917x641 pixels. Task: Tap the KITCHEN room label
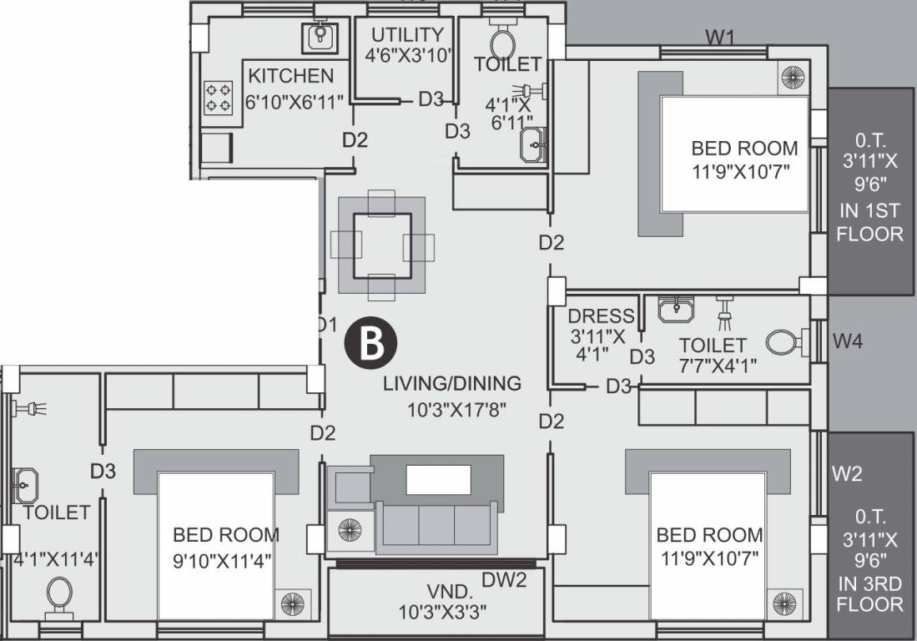tap(290, 76)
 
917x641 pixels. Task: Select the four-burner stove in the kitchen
tap(219, 97)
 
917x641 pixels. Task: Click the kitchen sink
tap(320, 36)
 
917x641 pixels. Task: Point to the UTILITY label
tap(407, 35)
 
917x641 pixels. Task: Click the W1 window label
tap(720, 37)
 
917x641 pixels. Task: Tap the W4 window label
tap(848, 341)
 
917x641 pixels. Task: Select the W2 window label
tap(846, 474)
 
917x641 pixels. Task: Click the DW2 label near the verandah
tap(504, 579)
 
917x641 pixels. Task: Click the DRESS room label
tap(601, 316)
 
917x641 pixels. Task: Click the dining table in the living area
tap(381, 245)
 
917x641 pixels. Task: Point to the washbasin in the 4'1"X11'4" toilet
tap(25, 482)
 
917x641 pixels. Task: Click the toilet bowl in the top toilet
tap(503, 42)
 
